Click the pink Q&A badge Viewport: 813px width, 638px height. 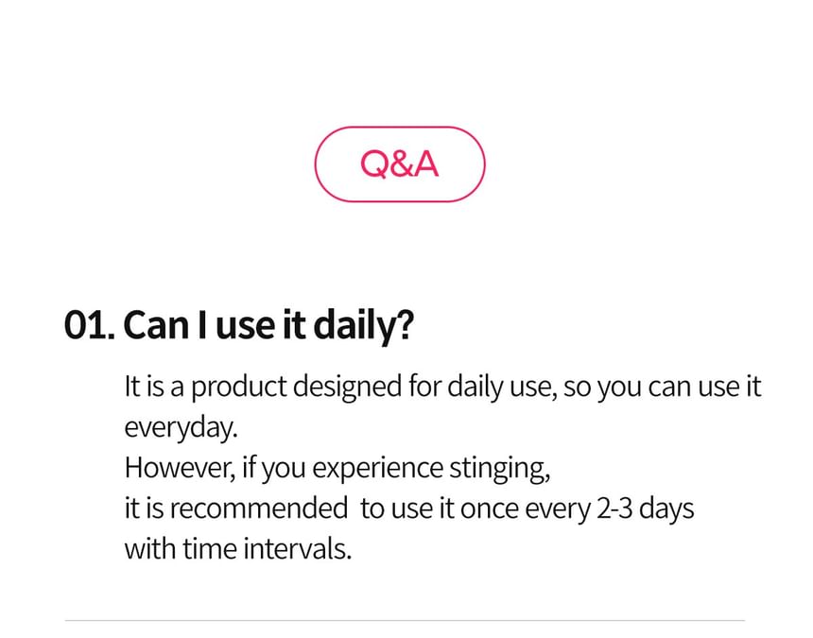pyautogui.click(x=400, y=164)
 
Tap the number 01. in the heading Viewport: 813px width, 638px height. pyautogui.click(x=89, y=325)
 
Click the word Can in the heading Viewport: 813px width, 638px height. pyautogui.click(x=156, y=325)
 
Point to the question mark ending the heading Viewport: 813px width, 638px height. pyautogui.click(x=406, y=324)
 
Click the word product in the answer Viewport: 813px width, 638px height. pyautogui.click(x=239, y=388)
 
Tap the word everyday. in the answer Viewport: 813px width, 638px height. pyautogui.click(x=181, y=428)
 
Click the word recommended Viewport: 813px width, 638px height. pyautogui.click(x=259, y=509)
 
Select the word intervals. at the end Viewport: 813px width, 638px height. pyautogui.click(x=298, y=548)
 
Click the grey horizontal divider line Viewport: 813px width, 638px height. pyautogui.click(x=405, y=620)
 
